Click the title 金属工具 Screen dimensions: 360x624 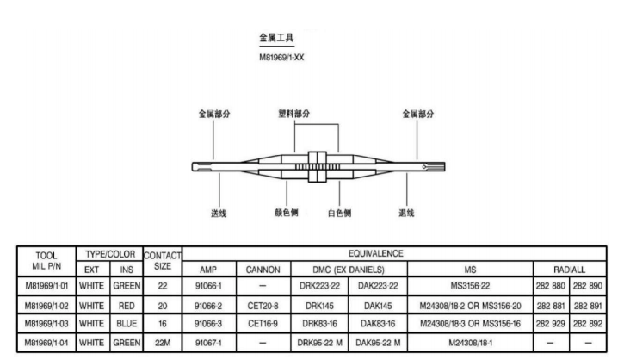click(x=277, y=39)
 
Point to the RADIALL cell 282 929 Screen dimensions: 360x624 click(x=552, y=324)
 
